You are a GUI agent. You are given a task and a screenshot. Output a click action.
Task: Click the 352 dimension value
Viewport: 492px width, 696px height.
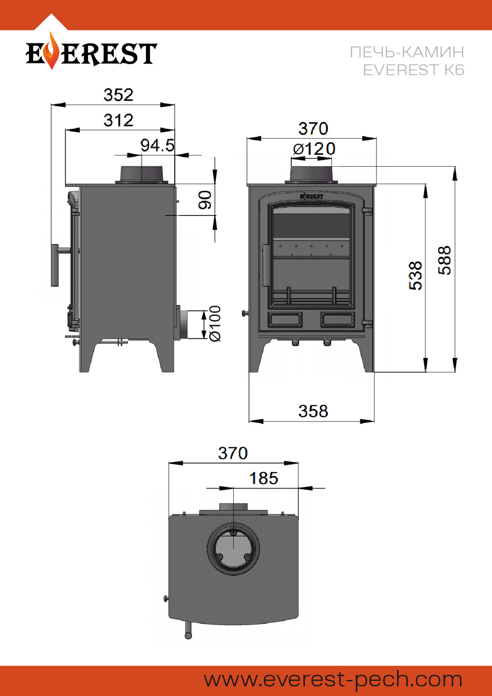[119, 95]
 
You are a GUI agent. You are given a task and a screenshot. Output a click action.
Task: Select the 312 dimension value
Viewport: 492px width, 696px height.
[119, 120]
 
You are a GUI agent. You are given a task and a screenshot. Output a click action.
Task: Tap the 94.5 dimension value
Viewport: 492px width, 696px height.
[157, 146]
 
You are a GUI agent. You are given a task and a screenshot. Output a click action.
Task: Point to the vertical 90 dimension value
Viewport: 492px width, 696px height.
[205, 200]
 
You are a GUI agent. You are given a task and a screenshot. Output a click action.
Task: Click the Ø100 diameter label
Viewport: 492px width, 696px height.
[215, 324]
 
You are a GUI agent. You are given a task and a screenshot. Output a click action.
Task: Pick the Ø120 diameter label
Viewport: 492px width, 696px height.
[314, 149]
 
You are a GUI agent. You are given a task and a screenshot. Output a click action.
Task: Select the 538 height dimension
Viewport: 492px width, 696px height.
[416, 275]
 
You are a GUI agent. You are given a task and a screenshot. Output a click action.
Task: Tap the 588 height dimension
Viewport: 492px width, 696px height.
[444, 260]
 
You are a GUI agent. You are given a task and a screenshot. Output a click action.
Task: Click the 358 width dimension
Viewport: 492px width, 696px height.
[313, 411]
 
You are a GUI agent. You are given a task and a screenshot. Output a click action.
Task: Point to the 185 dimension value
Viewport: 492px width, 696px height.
[264, 479]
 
